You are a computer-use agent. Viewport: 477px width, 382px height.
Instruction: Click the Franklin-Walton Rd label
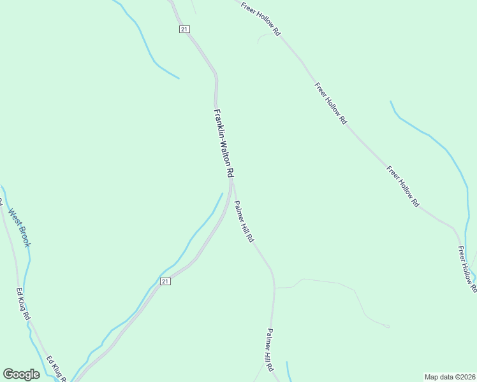[224, 143]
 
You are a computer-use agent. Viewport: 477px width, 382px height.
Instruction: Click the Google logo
[21, 374]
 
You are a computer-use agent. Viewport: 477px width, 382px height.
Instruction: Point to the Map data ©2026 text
[450, 376]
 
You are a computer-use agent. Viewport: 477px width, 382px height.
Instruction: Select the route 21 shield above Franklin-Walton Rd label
[184, 29]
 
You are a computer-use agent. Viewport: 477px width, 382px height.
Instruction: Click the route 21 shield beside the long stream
[165, 281]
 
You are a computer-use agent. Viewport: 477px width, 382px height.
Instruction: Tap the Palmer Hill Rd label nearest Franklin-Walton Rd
[244, 222]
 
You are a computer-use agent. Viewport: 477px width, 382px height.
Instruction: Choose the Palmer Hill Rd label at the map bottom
[270, 350]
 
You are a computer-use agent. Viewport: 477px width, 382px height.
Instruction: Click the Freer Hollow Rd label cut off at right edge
[467, 269]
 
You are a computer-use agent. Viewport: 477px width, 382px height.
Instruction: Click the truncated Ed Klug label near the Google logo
[57, 369]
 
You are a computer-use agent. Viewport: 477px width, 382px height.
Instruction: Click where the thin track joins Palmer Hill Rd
[275, 288]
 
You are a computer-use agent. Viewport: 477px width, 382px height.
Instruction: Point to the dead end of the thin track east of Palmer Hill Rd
[388, 327]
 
